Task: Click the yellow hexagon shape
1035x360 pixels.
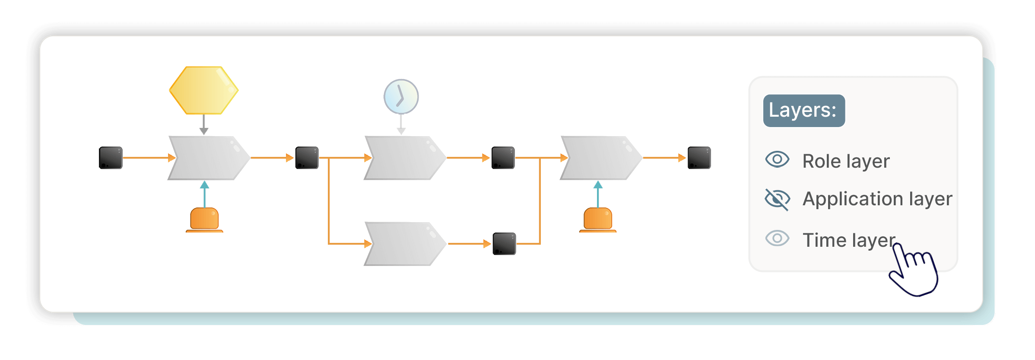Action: (x=203, y=90)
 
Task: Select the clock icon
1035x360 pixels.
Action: (x=401, y=96)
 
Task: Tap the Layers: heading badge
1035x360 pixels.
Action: (x=803, y=111)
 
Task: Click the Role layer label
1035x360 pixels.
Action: (x=846, y=161)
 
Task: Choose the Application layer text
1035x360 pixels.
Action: (x=877, y=199)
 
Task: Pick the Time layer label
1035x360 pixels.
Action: (x=848, y=240)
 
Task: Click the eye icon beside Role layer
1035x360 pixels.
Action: (x=777, y=159)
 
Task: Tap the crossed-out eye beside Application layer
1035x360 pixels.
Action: (x=777, y=199)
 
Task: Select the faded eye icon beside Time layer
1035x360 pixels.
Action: (x=777, y=238)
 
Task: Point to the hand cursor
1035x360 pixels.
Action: (x=914, y=272)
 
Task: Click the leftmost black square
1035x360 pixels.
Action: (x=111, y=158)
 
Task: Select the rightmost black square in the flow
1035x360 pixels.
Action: (x=699, y=158)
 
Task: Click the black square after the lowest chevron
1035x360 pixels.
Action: (x=504, y=244)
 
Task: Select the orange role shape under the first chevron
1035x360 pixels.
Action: (x=204, y=220)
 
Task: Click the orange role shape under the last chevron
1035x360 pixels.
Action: (x=597, y=220)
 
